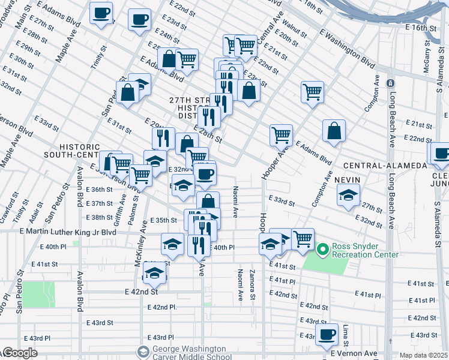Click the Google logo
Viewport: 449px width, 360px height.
[x=20, y=353]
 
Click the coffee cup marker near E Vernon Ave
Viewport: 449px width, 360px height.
[x=327, y=335]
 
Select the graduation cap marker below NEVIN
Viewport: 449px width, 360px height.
[x=348, y=196]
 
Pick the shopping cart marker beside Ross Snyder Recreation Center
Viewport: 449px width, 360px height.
[x=303, y=239]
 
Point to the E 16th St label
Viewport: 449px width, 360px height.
[x=420, y=28]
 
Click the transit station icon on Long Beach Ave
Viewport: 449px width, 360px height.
[x=391, y=83]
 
